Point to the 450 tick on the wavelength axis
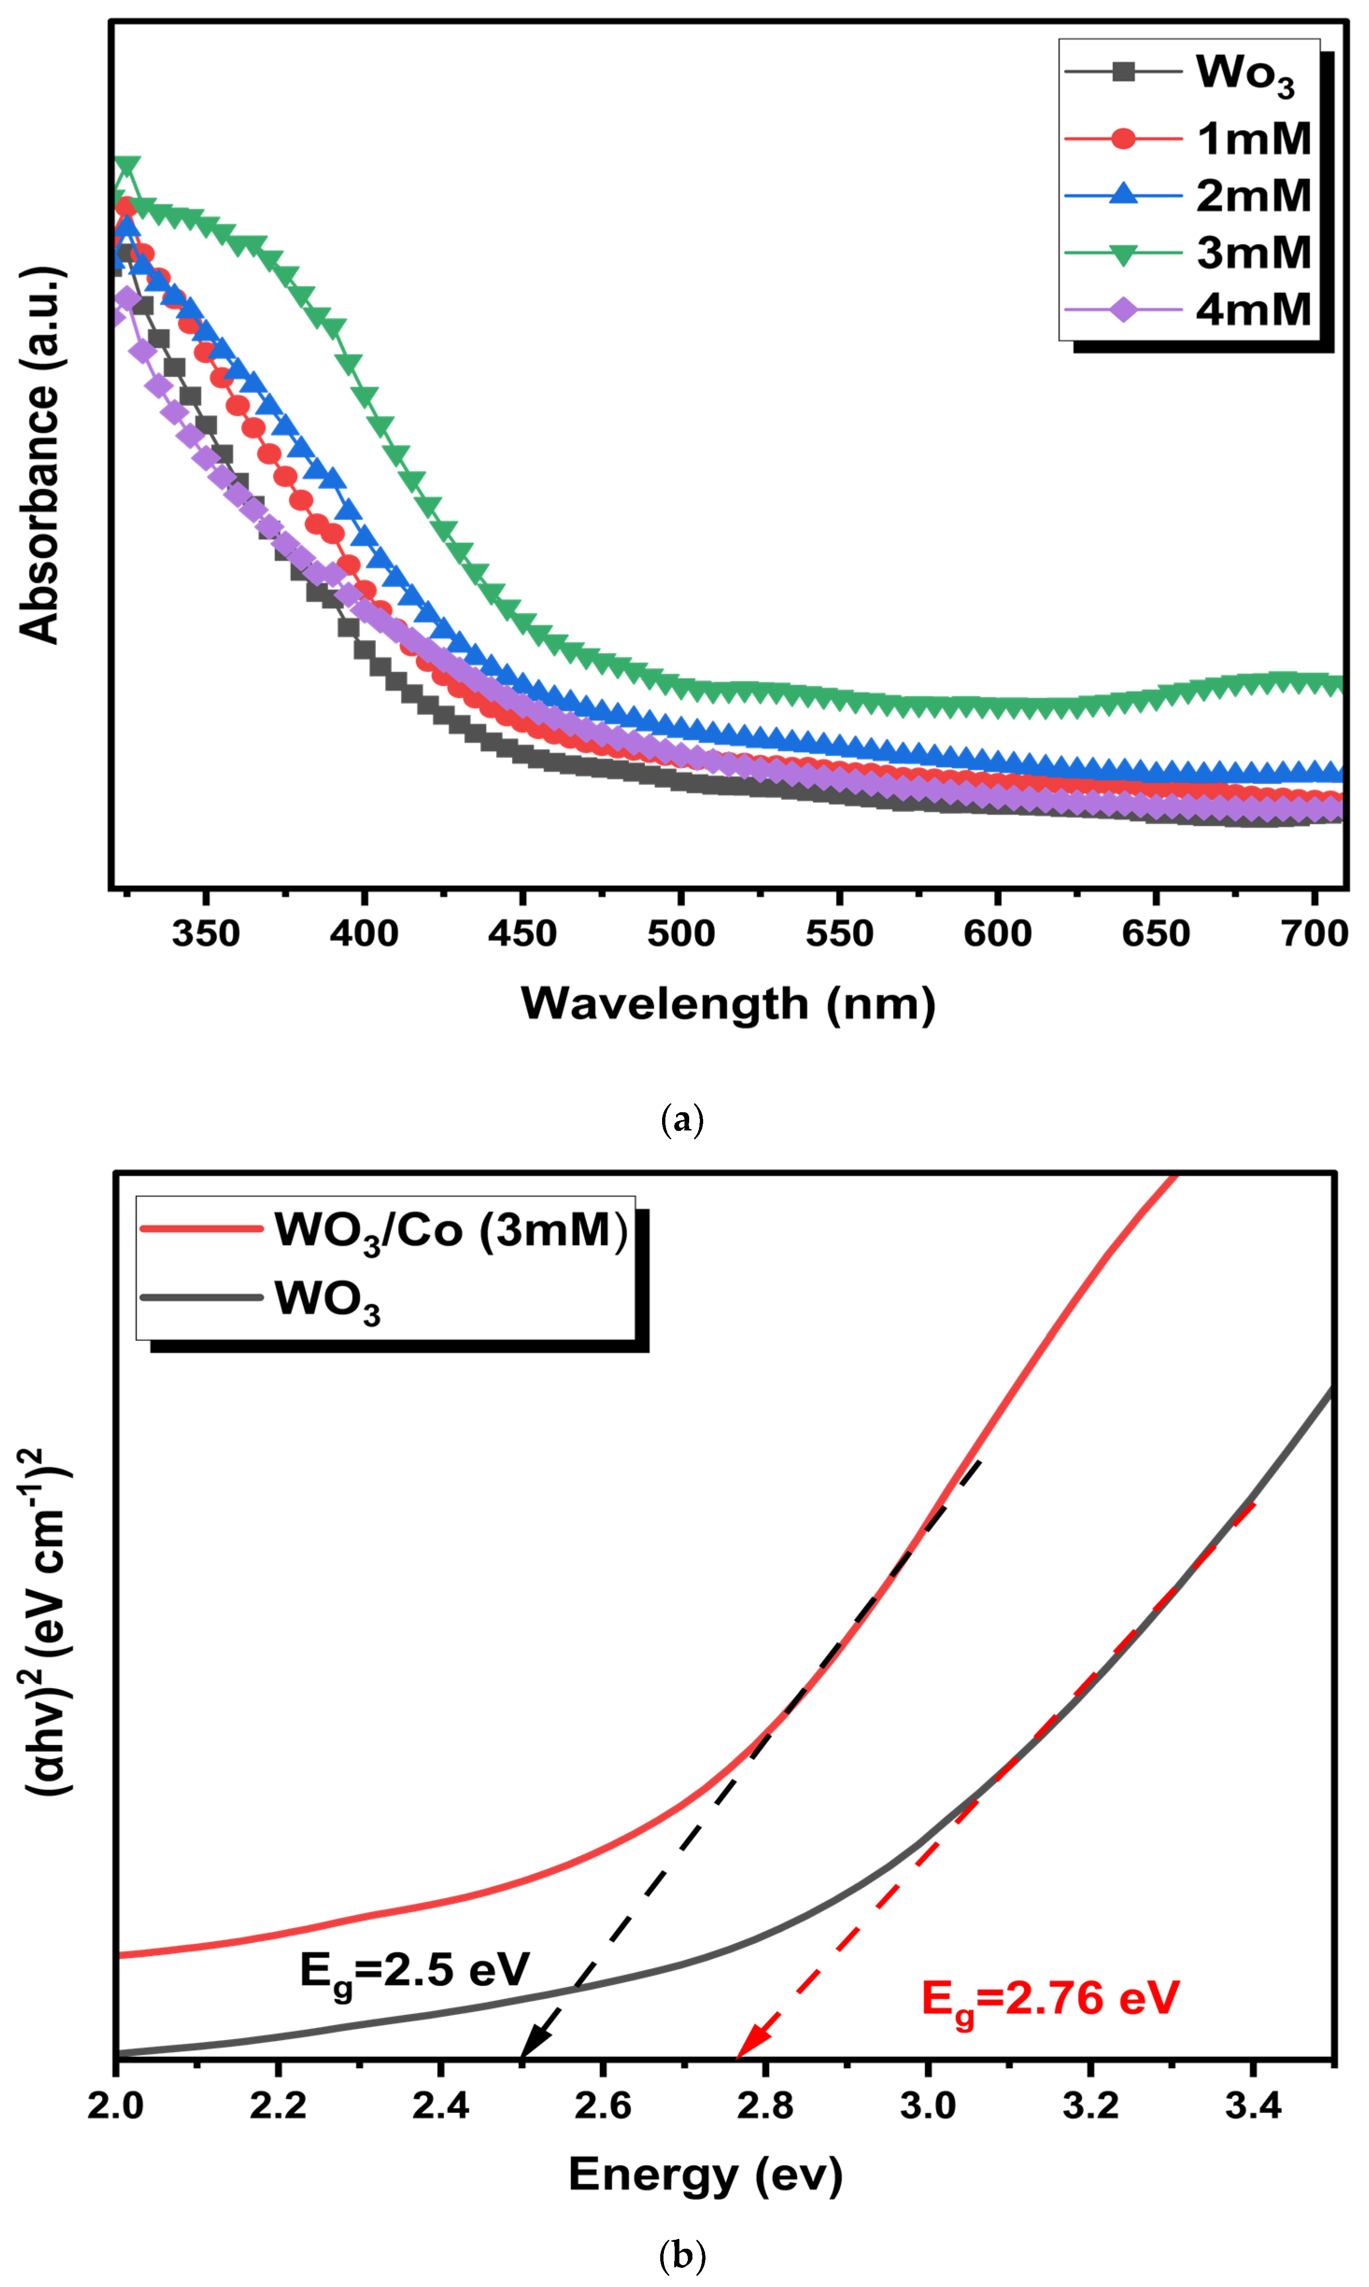pyautogui.click(x=522, y=934)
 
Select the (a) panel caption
pyautogui.click(x=683, y=1121)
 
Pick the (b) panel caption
pyautogui.click(x=683, y=2256)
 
